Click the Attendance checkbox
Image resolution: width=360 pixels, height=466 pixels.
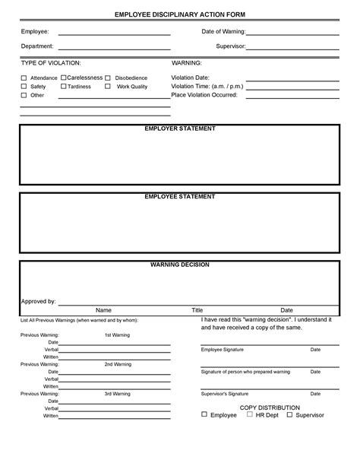(x=24, y=78)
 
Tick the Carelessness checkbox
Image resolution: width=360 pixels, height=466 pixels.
(x=63, y=78)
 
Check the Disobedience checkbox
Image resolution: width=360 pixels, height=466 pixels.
(x=108, y=78)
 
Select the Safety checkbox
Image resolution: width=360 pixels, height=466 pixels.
(x=24, y=87)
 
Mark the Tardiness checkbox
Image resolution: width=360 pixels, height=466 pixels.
(x=63, y=87)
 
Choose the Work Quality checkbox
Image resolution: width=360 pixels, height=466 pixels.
(x=108, y=87)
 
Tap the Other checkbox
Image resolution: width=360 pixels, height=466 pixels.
(x=24, y=96)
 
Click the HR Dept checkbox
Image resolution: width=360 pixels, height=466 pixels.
(x=249, y=415)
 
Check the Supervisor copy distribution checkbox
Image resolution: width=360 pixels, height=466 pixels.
(x=289, y=415)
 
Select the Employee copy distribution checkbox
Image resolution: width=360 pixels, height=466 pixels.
(x=204, y=415)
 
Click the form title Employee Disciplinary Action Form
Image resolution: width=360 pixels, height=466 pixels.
(x=180, y=14)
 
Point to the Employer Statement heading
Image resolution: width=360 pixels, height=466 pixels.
(x=180, y=129)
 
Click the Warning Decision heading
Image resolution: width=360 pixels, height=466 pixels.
(x=180, y=265)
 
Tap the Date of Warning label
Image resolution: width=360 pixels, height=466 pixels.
(x=223, y=31)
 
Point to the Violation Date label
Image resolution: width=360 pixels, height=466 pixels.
(x=191, y=78)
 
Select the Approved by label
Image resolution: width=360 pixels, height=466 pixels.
(x=38, y=301)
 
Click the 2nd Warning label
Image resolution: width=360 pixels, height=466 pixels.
(x=117, y=364)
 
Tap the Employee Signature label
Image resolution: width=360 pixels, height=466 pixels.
(x=223, y=350)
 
